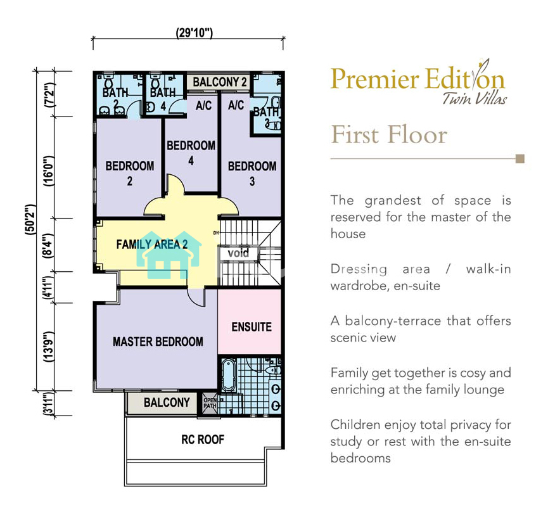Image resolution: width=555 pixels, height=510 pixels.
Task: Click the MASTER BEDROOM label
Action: [158, 341]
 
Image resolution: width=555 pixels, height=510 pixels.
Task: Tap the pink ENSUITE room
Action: [250, 322]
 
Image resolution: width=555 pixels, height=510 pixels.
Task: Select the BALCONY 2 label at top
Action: [219, 82]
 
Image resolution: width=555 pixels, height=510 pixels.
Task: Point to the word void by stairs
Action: [238, 253]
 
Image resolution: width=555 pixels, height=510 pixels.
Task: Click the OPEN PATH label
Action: [210, 403]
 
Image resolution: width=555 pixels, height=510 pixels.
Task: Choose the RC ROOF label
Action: [203, 440]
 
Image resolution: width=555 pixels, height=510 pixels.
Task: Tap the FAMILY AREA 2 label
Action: [152, 244]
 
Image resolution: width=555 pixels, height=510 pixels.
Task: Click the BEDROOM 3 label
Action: [252, 174]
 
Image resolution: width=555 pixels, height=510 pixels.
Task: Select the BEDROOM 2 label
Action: [129, 173]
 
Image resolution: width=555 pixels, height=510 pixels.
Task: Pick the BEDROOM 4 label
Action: [191, 153]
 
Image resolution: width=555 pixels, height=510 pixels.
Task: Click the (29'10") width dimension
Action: [195, 33]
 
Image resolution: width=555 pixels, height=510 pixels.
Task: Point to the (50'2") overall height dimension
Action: [31, 219]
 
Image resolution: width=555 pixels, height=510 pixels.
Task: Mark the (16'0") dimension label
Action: [49, 171]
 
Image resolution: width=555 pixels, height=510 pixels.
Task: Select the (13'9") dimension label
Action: [49, 347]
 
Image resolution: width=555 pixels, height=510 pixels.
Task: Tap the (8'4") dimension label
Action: [49, 245]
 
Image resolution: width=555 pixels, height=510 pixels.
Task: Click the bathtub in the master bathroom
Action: [229, 375]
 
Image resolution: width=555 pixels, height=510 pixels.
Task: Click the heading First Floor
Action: [389, 134]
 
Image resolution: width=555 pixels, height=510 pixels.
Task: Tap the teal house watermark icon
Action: [169, 255]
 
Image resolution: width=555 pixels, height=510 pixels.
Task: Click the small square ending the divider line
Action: [520, 158]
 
